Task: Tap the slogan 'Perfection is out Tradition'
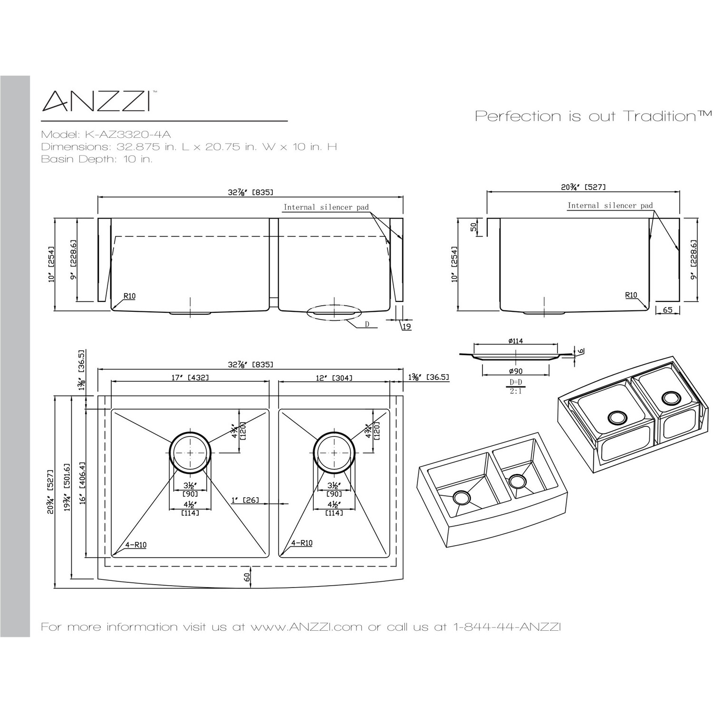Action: pos(594,116)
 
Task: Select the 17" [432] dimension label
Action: pos(190,377)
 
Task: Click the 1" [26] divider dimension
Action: pos(244,500)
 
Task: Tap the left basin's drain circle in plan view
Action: pos(190,453)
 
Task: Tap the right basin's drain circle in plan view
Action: pos(334,453)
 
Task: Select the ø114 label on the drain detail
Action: pos(515,341)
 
